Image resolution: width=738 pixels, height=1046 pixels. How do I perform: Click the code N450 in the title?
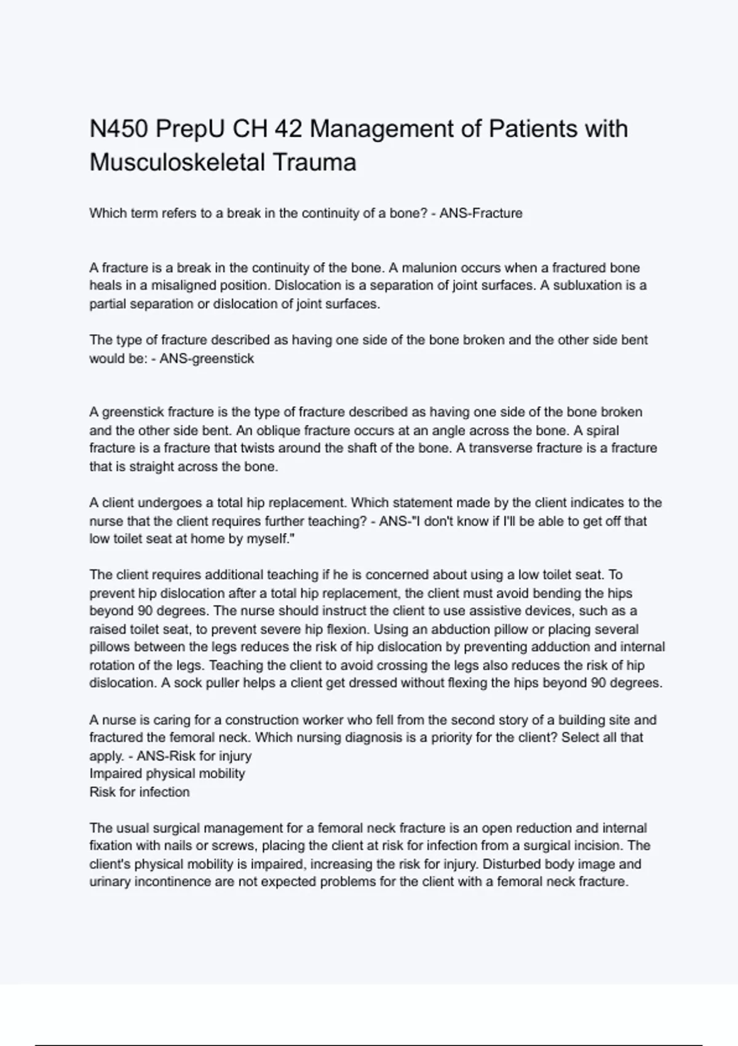point(119,129)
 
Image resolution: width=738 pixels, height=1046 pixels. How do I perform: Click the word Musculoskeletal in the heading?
point(175,163)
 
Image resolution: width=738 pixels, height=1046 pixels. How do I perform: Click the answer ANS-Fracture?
point(481,214)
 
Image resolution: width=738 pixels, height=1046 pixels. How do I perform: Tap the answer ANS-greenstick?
point(207,358)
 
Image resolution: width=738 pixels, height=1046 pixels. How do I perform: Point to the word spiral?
point(602,430)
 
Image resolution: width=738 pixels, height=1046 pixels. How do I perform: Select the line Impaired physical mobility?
point(167,773)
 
